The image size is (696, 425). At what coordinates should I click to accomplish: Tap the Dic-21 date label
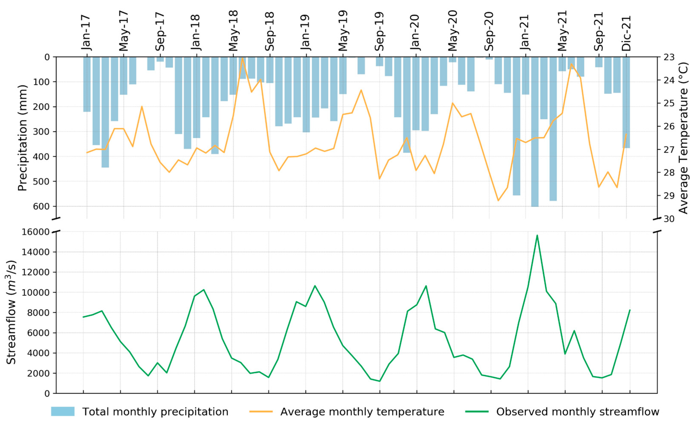coord(626,33)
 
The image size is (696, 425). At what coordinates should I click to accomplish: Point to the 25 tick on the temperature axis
coord(668,103)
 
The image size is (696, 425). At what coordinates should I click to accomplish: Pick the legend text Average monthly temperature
coord(362,412)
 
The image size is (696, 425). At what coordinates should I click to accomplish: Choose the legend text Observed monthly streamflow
coord(578,412)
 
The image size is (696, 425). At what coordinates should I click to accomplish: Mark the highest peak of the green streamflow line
coord(537,235)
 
